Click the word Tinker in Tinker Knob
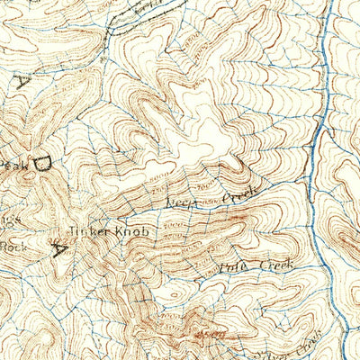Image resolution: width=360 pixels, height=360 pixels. (88, 231)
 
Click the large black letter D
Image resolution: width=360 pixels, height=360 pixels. (42, 165)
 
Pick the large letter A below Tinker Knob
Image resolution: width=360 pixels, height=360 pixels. (59, 251)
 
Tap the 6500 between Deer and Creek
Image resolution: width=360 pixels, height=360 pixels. (210, 199)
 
